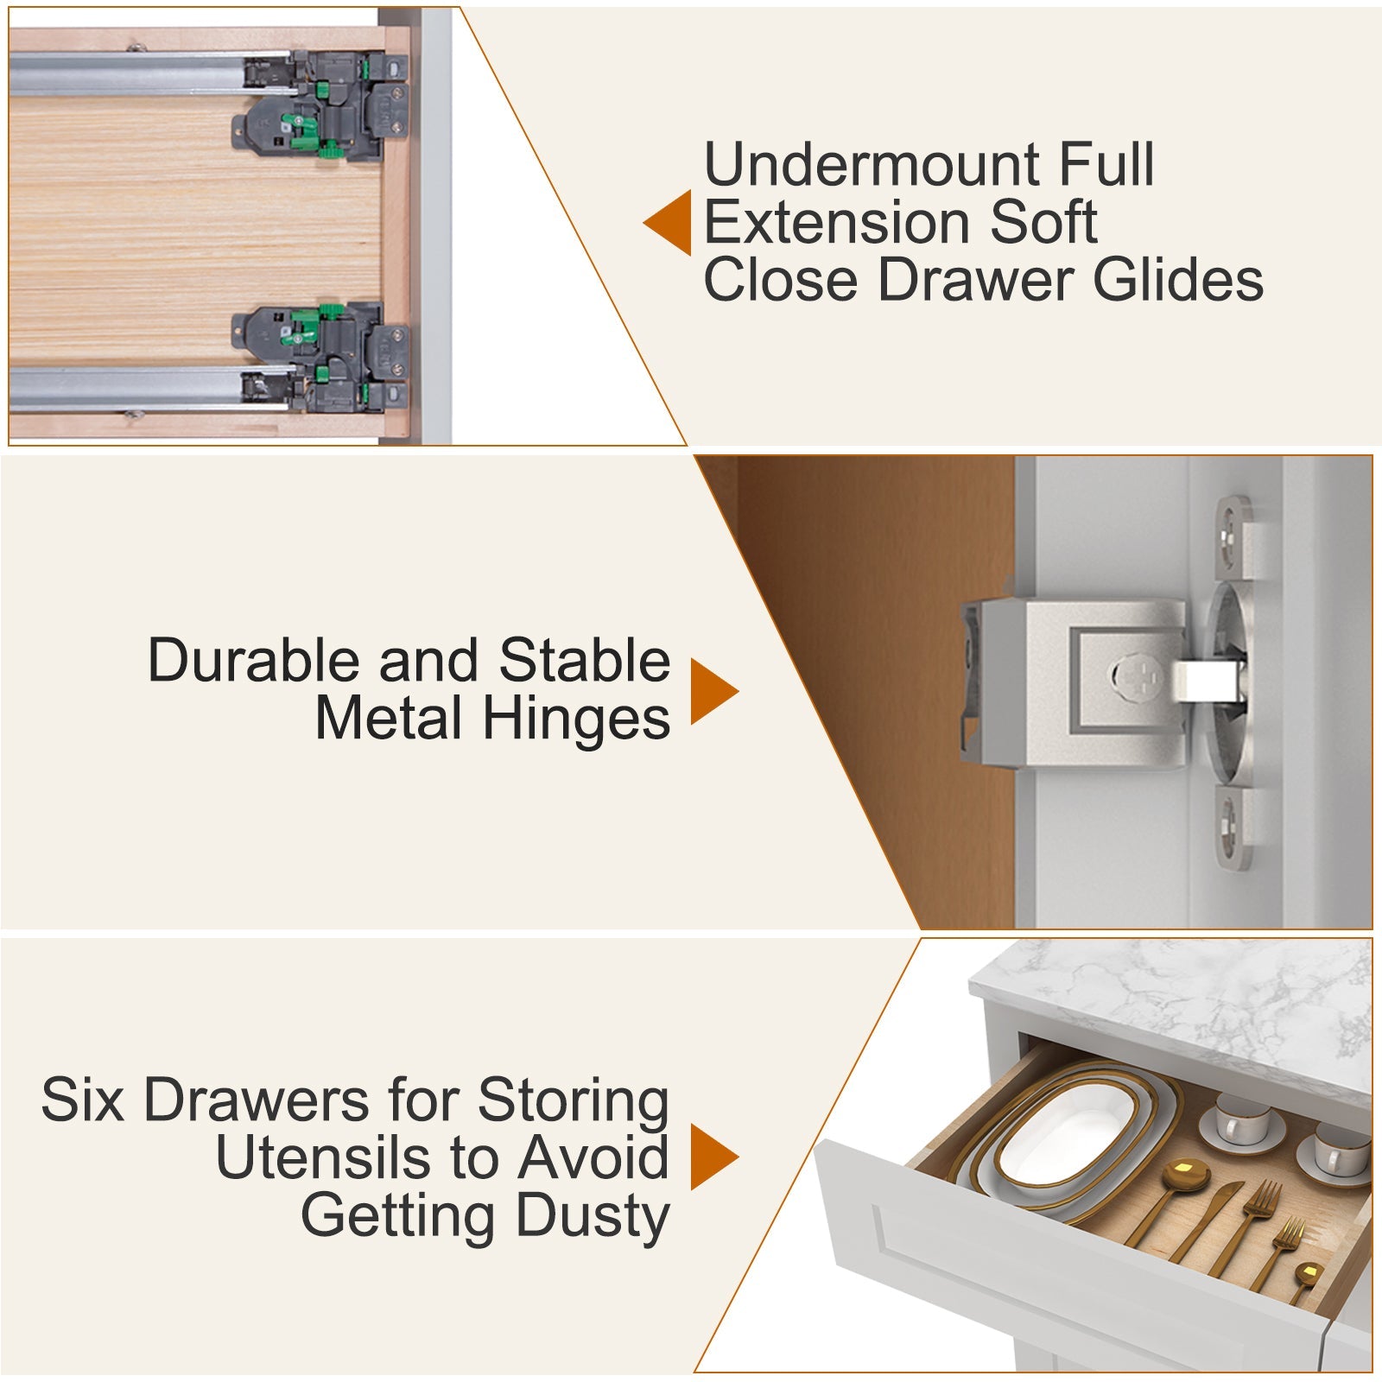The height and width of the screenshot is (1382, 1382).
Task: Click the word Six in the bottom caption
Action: coord(82,1100)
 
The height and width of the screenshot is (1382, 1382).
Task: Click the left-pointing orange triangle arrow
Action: coord(670,223)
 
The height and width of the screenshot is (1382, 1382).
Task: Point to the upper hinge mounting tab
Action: coord(1233,536)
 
